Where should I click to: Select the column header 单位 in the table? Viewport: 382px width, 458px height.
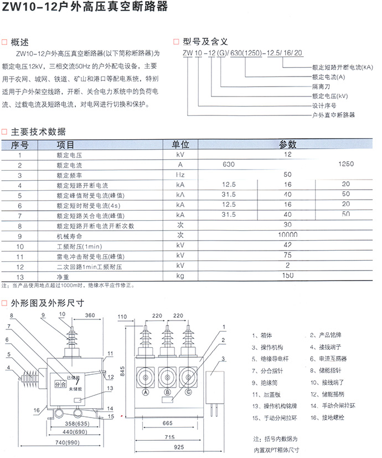tap(180, 144)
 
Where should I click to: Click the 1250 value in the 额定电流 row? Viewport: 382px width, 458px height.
tap(345, 165)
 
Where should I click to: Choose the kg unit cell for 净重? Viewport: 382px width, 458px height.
tap(180, 276)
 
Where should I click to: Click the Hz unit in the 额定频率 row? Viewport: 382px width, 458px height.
tap(180, 175)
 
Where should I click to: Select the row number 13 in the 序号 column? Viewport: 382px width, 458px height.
tap(20, 276)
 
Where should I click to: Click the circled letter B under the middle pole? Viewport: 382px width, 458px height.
tap(167, 393)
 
